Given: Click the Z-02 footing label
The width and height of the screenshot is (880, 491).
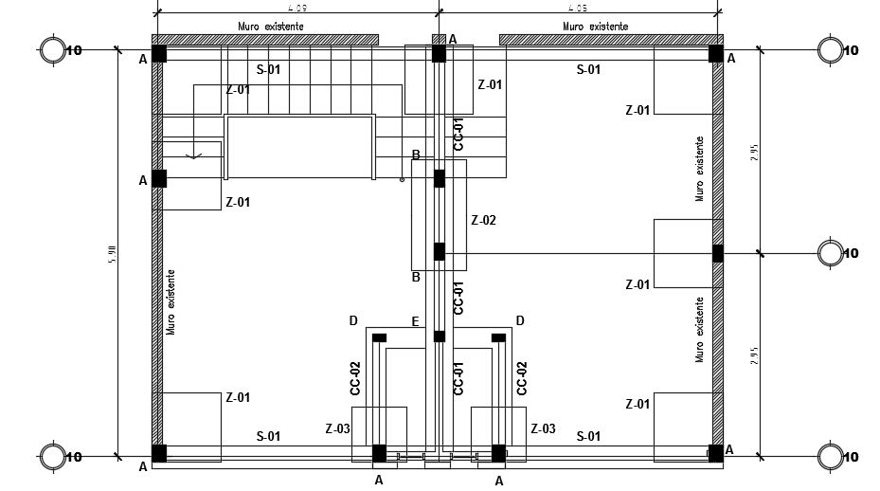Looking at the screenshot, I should tap(483, 220).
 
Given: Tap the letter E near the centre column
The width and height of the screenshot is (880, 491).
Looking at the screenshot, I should tap(415, 322).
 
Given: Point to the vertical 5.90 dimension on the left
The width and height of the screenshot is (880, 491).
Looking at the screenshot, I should tap(112, 254).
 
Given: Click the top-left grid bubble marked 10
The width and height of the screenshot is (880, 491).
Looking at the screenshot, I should tap(52, 50).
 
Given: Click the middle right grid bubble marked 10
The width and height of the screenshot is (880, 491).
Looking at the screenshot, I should tap(831, 253).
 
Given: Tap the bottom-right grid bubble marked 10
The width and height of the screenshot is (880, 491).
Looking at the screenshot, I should tap(831, 457).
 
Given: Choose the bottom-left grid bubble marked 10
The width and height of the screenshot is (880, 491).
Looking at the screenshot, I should tap(52, 457).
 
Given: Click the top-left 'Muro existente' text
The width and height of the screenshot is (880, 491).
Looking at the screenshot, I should tap(271, 27).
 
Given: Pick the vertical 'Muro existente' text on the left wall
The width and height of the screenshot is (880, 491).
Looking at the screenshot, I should tap(171, 301).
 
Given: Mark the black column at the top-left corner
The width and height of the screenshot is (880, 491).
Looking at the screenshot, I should tap(159, 54).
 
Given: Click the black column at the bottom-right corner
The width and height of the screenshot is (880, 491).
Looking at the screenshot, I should tap(716, 453).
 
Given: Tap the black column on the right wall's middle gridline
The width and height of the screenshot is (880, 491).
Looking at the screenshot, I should tap(718, 253).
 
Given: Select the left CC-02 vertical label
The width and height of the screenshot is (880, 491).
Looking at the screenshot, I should tap(355, 377).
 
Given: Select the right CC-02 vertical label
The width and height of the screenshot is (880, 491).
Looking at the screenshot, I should tap(522, 377).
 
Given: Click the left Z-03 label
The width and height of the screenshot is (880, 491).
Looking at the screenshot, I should tap(337, 429).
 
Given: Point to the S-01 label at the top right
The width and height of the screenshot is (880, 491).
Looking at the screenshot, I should tap(588, 69).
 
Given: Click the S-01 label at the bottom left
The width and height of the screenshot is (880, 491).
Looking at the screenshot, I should tap(268, 436).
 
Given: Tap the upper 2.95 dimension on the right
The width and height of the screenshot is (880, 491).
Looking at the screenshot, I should tap(755, 152).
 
